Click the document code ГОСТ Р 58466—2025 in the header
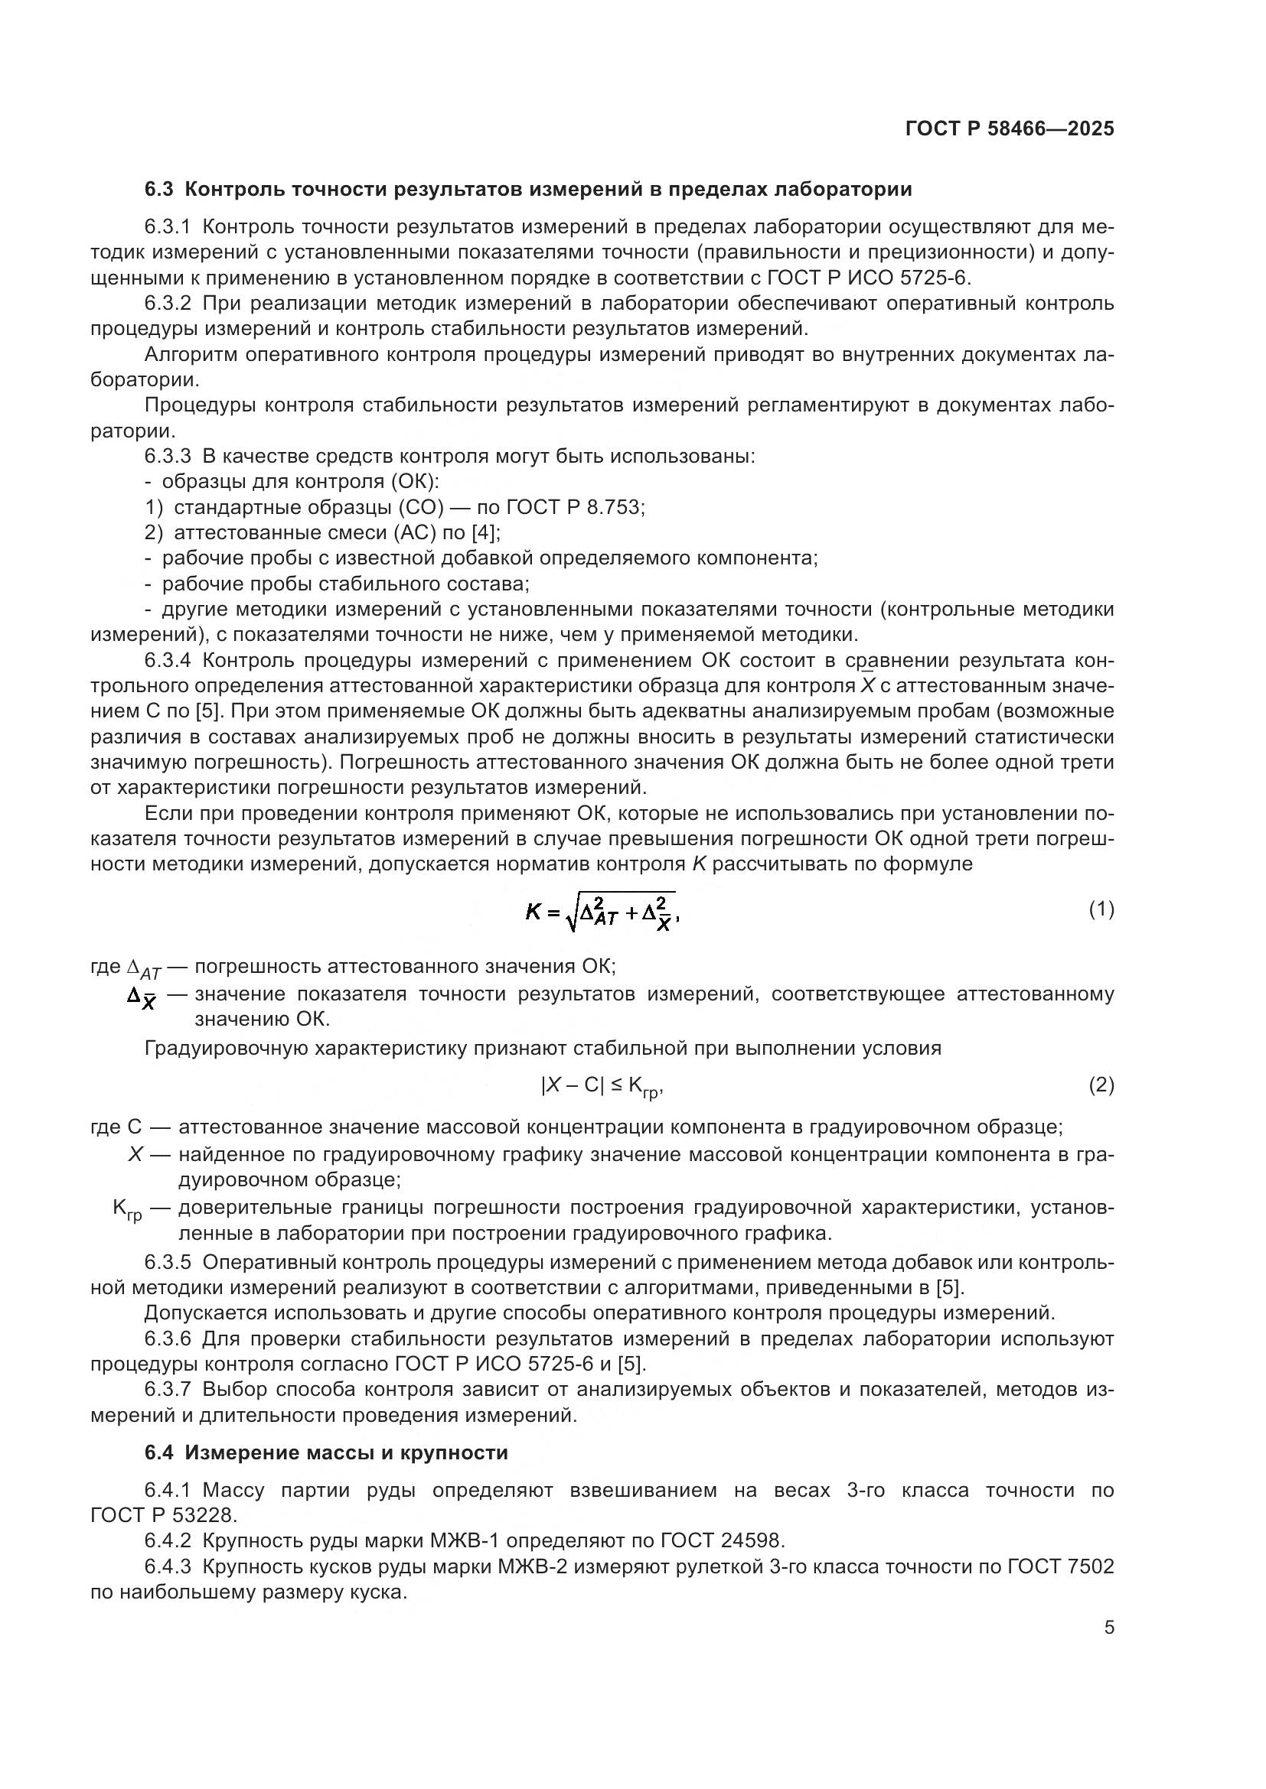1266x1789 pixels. tap(1010, 128)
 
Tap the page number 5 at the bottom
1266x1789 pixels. tap(1109, 1628)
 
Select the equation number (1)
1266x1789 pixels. tap(1101, 909)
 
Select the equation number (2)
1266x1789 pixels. tap(1101, 1085)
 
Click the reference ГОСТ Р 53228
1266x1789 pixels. tap(162, 1515)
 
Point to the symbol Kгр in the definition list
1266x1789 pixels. tap(127, 1209)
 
